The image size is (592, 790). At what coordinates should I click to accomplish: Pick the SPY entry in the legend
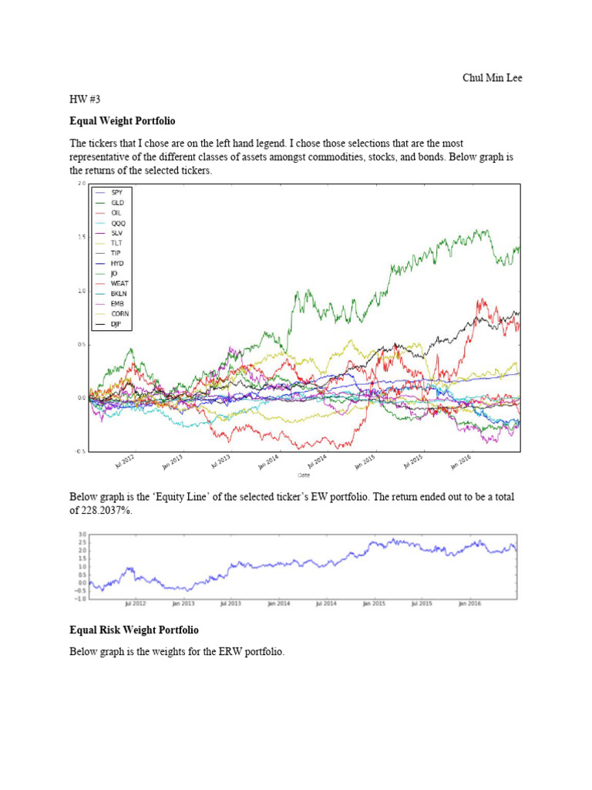pyautogui.click(x=116, y=191)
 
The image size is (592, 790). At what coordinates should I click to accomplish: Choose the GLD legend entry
pyautogui.click(x=116, y=202)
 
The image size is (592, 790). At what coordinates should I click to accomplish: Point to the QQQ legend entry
pyautogui.click(x=116, y=222)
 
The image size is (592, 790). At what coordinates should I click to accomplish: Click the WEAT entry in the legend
pyautogui.click(x=119, y=283)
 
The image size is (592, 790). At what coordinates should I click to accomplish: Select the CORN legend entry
pyautogui.click(x=119, y=314)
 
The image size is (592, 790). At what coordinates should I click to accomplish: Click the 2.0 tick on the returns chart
pyautogui.click(x=82, y=184)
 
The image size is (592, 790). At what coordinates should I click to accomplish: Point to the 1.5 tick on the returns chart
pyautogui.click(x=82, y=238)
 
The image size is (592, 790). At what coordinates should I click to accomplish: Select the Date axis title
pyautogui.click(x=304, y=475)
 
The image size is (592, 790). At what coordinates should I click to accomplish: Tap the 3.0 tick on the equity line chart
pyautogui.click(x=81, y=534)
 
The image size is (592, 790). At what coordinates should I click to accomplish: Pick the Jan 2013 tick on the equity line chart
pyautogui.click(x=182, y=604)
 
